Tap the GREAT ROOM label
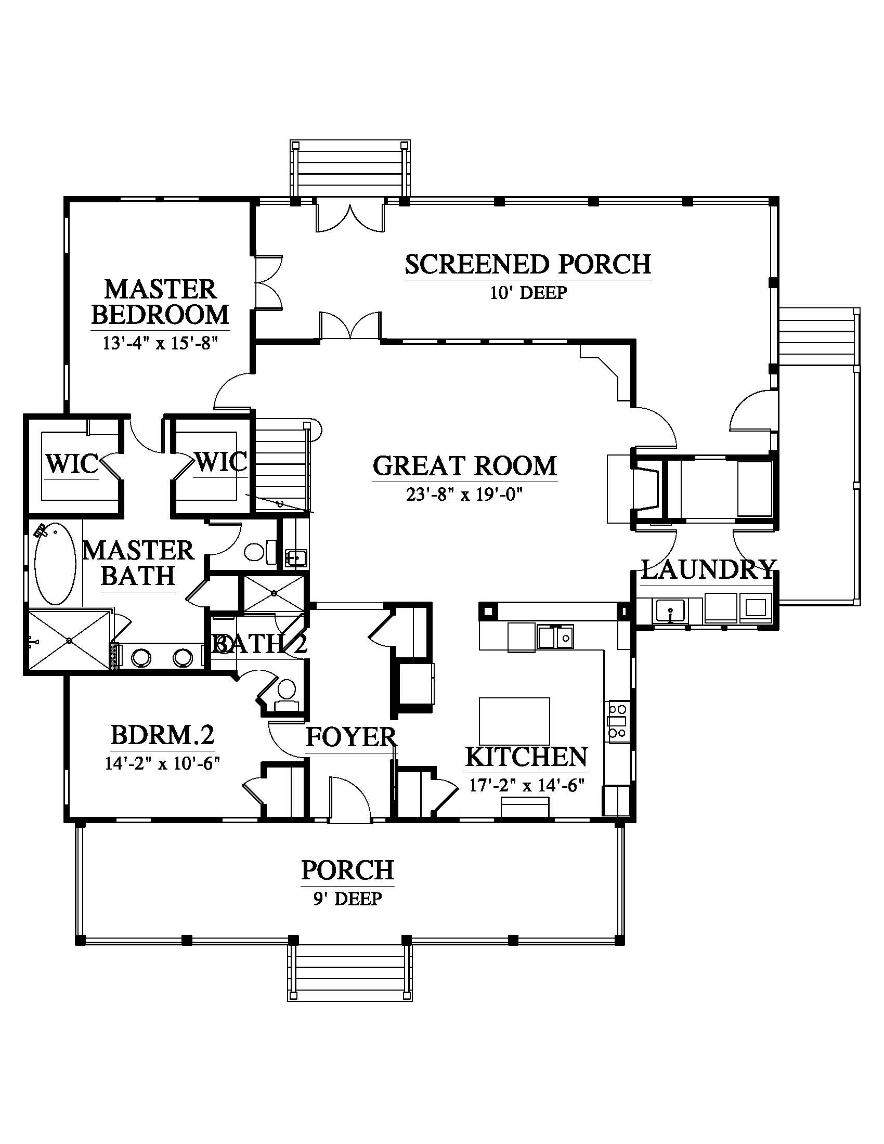point(465,466)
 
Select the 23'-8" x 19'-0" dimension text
point(465,494)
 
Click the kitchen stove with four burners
point(618,721)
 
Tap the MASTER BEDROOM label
point(160,302)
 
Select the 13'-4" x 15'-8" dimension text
point(160,343)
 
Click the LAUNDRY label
point(708,569)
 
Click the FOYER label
point(351,737)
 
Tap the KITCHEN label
point(526,757)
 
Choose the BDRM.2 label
point(162,735)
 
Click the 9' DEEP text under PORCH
point(348,899)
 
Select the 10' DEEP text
point(528,292)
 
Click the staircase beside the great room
point(280,466)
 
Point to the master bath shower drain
point(70,640)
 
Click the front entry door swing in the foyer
point(350,797)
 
